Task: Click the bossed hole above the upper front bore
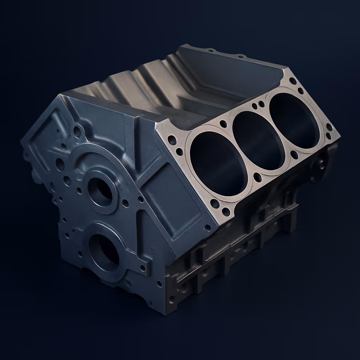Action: [x=77, y=132]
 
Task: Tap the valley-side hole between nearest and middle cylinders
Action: [x=223, y=124]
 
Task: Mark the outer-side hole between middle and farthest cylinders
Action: [x=295, y=154]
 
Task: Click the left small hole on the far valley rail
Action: [x=211, y=50]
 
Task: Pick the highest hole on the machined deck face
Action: [x=292, y=81]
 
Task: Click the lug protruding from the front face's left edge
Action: [x=34, y=174]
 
